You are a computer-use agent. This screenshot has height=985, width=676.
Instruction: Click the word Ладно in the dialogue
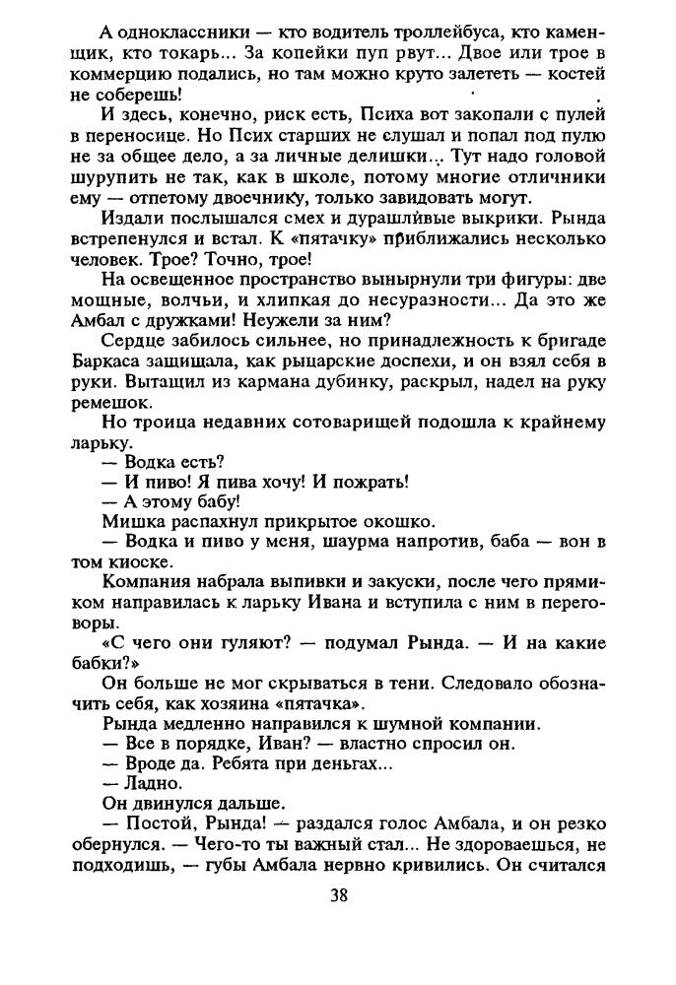point(153,783)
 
